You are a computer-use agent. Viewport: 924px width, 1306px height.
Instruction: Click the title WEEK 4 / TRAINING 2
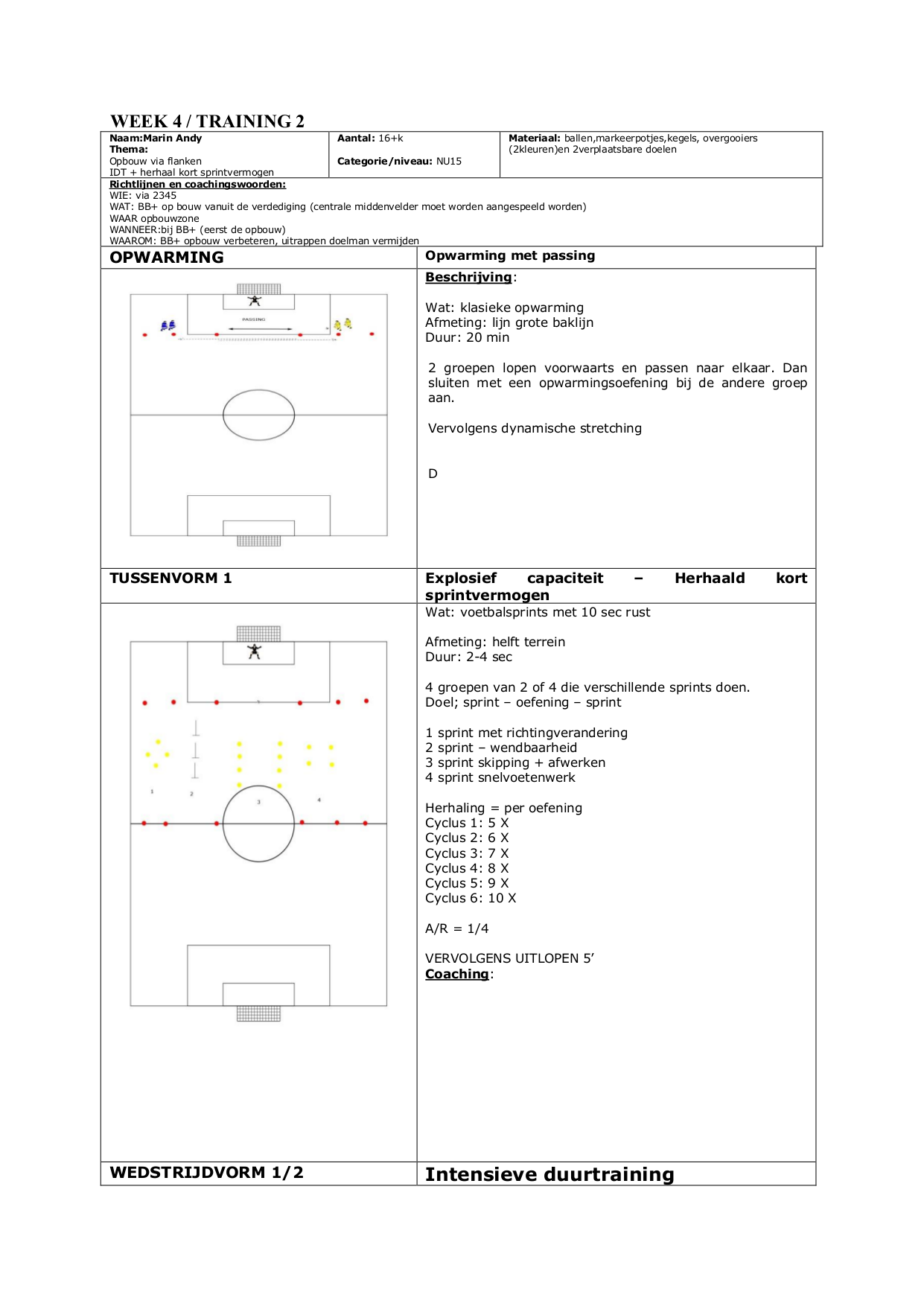point(207,121)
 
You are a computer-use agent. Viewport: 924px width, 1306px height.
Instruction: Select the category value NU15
point(449,162)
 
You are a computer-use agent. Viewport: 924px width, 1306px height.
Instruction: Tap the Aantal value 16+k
point(390,138)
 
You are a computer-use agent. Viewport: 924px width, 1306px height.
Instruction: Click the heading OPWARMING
point(166,258)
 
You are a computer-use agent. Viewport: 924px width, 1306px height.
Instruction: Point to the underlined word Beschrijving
point(468,278)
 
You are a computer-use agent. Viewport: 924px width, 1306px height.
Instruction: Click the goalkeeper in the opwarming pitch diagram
point(255,301)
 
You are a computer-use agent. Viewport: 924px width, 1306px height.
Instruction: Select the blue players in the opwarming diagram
point(168,325)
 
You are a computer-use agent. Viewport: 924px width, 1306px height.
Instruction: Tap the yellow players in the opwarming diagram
point(342,324)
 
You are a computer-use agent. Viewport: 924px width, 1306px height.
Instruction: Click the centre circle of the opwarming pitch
point(258,415)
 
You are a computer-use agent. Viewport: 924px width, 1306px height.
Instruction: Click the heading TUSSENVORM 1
point(171,579)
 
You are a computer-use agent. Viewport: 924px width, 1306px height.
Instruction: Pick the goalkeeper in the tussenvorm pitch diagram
point(255,652)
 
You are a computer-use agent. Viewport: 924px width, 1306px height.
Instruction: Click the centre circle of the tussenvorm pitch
point(258,824)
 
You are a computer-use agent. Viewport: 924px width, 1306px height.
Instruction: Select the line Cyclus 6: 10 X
point(471,899)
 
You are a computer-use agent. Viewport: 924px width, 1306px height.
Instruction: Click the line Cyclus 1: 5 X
point(467,824)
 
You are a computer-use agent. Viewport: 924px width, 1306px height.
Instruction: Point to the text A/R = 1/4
point(456,929)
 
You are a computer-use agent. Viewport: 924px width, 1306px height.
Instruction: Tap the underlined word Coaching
point(457,975)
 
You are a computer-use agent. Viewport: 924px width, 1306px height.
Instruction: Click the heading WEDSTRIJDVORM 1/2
point(206,1173)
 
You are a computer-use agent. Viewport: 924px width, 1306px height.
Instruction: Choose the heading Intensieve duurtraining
point(549,1175)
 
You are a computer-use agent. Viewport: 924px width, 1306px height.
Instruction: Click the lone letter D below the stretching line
point(433,474)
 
